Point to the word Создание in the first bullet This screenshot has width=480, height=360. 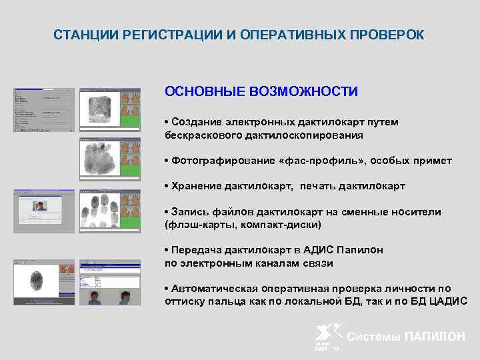tap(194, 121)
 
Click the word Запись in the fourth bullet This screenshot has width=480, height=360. tap(187, 211)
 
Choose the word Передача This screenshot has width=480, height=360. tap(195, 250)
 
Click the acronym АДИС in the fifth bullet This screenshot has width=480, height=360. tap(322, 250)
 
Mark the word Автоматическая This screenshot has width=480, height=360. tap(209, 288)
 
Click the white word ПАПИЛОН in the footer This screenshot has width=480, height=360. tap(435, 337)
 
